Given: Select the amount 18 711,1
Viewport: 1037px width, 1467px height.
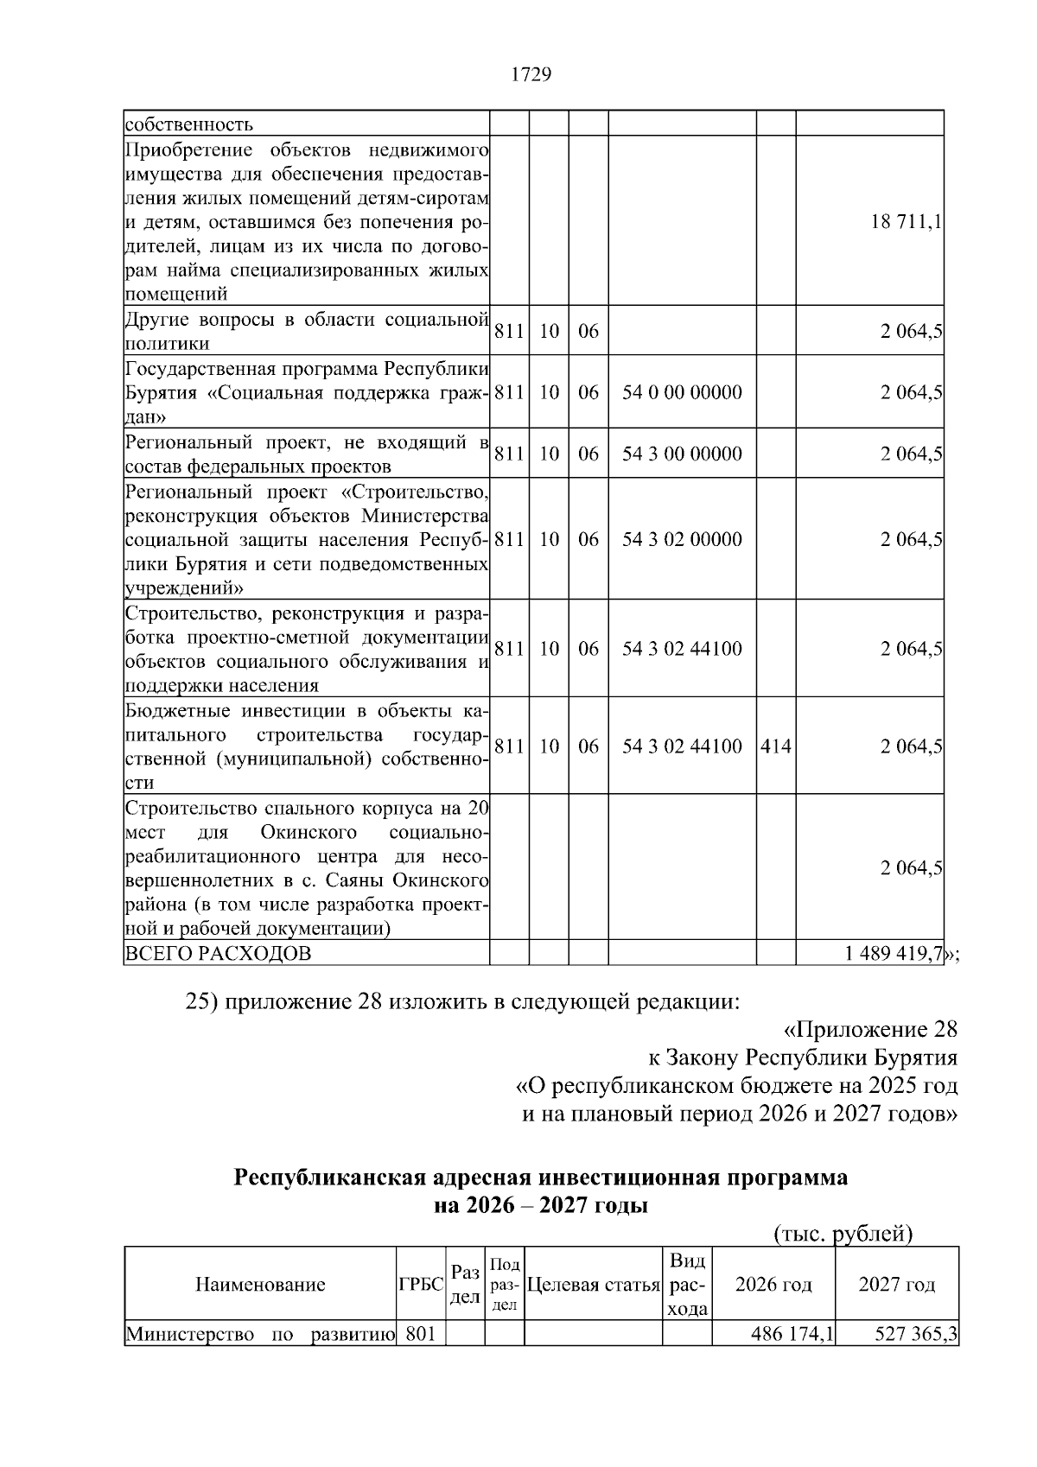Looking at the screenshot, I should pos(907,221).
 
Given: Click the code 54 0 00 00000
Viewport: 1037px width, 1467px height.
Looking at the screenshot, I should pos(682,393).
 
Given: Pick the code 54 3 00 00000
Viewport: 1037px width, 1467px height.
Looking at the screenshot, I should pos(682,454).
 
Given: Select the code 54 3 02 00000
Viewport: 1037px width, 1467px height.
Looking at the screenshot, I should pos(682,540).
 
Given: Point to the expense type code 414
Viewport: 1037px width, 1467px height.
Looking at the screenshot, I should pos(776,746).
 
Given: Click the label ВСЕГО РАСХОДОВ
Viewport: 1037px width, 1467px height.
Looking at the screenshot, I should pos(219,954).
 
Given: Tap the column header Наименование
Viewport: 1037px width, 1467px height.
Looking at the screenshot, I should pos(260,1285).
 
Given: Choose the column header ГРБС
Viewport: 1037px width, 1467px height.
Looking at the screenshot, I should pos(420,1285).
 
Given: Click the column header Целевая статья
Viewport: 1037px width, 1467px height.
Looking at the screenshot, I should pos(593,1285).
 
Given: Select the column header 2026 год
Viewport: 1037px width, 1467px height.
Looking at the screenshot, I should pos(773,1285).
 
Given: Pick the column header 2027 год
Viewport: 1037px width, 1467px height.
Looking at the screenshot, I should pos(897,1285).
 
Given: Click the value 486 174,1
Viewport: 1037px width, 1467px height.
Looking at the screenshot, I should pos(792,1335).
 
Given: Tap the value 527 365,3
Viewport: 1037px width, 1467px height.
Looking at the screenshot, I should pos(916,1335).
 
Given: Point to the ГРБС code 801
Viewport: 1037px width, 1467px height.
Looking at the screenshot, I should pos(420,1335).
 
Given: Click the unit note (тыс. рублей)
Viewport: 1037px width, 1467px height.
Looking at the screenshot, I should pos(843,1234).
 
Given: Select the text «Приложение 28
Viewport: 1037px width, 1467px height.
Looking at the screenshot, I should pos(870,1030).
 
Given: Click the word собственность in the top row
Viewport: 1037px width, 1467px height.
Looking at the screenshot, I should pos(189,124).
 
